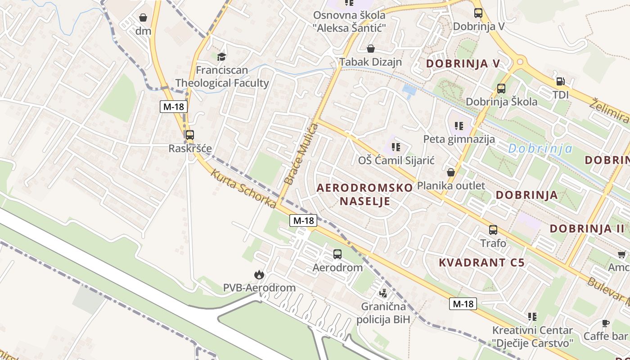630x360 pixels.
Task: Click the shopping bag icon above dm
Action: pyautogui.click(x=143, y=18)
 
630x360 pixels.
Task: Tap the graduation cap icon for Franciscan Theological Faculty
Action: pyautogui.click(x=221, y=57)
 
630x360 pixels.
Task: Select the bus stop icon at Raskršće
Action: pyautogui.click(x=190, y=135)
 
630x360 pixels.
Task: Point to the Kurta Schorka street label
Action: pyautogui.click(x=243, y=189)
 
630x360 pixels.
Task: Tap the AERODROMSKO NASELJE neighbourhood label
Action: pyautogui.click(x=364, y=194)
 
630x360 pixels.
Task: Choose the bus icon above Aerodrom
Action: pyautogui.click(x=337, y=254)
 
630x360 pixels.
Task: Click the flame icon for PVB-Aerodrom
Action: pyautogui.click(x=259, y=274)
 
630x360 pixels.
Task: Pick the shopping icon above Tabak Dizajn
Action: pyautogui.click(x=371, y=49)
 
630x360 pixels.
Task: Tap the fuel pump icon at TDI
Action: pyautogui.click(x=561, y=81)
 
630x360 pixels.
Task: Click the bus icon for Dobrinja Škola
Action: pyautogui.click(x=501, y=89)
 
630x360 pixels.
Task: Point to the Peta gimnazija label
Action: pyautogui.click(x=459, y=139)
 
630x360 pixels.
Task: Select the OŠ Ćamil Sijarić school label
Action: pyautogui.click(x=396, y=160)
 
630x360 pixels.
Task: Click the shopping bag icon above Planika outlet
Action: pyautogui.click(x=451, y=172)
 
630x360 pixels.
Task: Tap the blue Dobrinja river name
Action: pyautogui.click(x=540, y=148)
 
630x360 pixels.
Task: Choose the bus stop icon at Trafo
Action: pyautogui.click(x=493, y=230)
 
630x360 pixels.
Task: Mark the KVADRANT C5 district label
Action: pyautogui.click(x=481, y=263)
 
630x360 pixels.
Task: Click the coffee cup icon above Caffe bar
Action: pyautogui.click(x=606, y=323)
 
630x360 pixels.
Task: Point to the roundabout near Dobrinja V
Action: pyautogui.click(x=521, y=61)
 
